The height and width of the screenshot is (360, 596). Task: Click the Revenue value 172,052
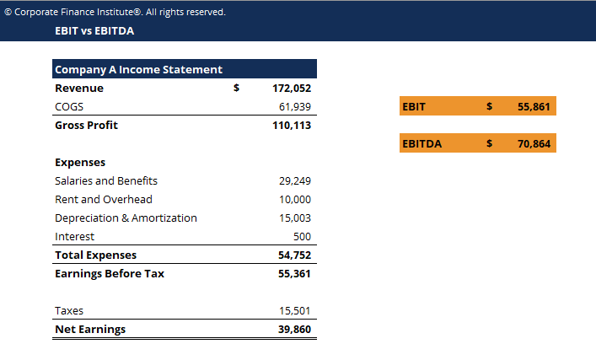click(292, 88)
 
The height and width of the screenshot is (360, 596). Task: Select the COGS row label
click(69, 106)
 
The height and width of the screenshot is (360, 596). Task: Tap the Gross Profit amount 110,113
click(292, 125)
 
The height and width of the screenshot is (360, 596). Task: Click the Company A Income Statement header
click(139, 69)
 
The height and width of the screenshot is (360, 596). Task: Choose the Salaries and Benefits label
click(106, 180)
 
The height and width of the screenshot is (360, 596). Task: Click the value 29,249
click(295, 180)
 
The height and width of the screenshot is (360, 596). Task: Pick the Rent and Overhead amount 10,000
click(295, 199)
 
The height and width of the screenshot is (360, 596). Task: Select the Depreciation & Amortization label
click(126, 218)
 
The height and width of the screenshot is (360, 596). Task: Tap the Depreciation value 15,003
click(295, 218)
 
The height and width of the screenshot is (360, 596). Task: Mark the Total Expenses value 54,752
click(294, 255)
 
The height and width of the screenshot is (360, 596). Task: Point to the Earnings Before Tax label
click(110, 273)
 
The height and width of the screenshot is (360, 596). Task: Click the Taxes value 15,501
click(295, 310)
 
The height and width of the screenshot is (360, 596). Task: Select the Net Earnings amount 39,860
click(294, 329)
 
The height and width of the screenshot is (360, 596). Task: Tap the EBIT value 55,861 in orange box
click(534, 106)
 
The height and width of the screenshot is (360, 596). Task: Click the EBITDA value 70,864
click(534, 143)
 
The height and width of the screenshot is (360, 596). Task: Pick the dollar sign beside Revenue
click(237, 88)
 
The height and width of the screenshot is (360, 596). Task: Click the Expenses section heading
click(80, 162)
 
